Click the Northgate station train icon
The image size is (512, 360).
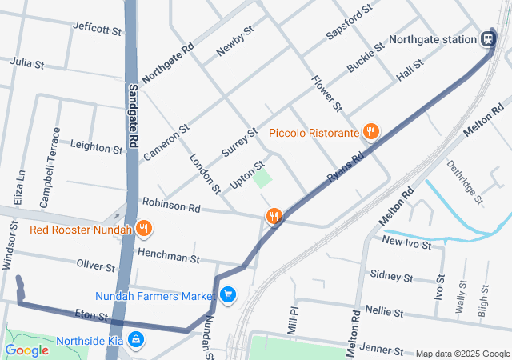[487, 38]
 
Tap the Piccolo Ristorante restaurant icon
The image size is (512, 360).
[370, 132]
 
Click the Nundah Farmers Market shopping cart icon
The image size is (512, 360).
[229, 295]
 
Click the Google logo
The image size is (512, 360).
[26, 350]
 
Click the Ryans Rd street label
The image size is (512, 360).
[346, 166]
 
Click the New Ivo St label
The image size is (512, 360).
[406, 241]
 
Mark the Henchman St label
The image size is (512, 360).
[168, 258]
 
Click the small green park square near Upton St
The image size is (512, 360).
[262, 178]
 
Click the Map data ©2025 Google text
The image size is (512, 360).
[462, 354]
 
